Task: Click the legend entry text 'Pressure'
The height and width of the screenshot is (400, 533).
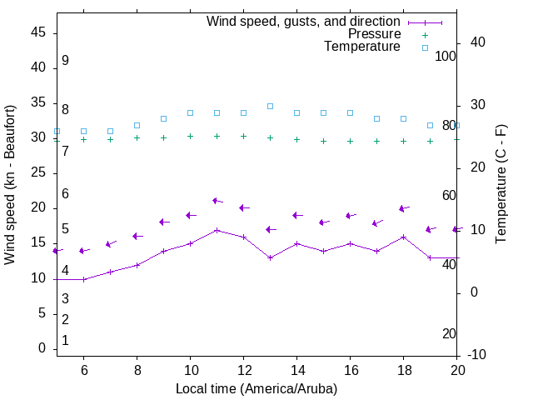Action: tap(374, 34)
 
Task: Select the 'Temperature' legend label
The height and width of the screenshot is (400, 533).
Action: tap(362, 47)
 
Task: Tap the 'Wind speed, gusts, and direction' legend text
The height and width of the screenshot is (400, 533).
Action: tap(304, 22)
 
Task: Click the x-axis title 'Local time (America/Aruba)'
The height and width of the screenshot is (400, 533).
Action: tap(257, 388)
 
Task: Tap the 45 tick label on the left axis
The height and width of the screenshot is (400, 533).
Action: tap(38, 32)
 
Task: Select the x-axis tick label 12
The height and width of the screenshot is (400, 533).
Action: tap(243, 369)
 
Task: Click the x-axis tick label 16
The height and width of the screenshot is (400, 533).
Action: tap(350, 369)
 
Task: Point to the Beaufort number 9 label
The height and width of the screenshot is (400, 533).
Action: tap(65, 61)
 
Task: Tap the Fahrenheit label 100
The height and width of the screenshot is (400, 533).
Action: tap(446, 56)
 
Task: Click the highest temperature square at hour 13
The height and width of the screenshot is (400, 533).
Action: tap(270, 106)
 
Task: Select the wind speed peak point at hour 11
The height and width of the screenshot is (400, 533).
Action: tap(217, 230)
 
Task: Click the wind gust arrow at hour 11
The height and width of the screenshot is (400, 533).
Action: tap(217, 201)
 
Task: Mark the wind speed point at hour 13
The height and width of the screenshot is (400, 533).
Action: tap(270, 257)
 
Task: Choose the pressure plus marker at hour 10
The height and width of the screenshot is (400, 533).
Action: tap(190, 136)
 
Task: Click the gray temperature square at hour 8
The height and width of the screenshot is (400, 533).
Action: tap(137, 125)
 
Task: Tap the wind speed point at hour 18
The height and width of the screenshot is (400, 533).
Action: tap(403, 237)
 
